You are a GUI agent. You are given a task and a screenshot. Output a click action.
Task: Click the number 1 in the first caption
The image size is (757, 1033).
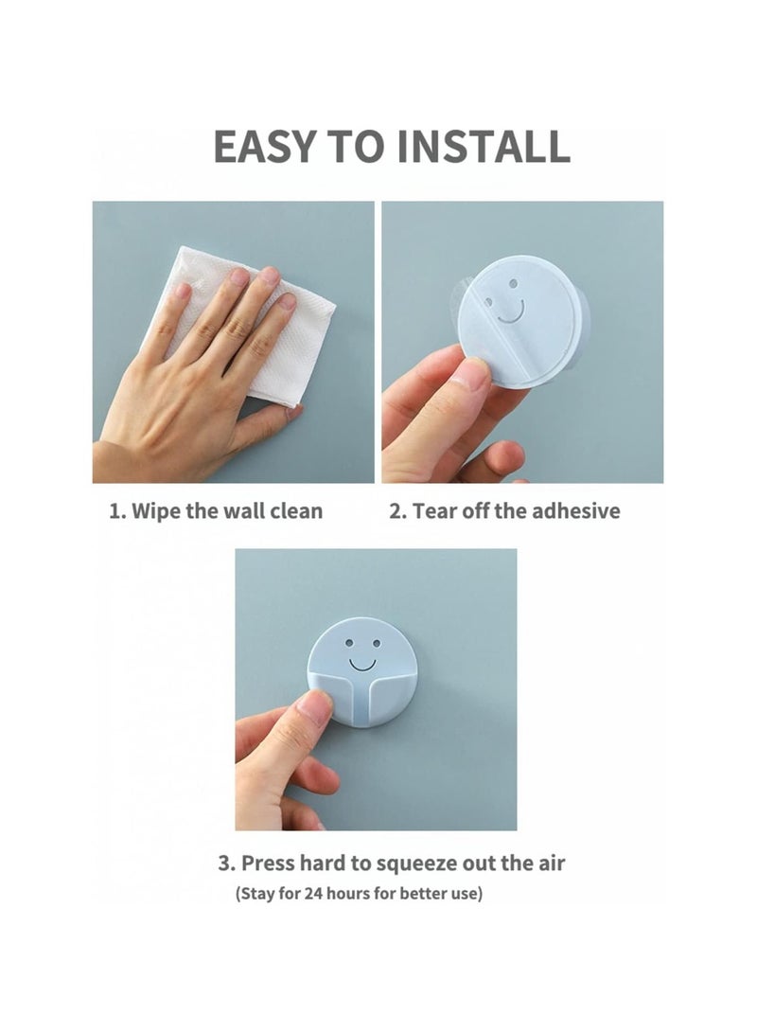click(x=115, y=511)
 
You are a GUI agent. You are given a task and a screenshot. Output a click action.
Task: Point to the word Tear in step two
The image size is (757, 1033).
click(x=435, y=511)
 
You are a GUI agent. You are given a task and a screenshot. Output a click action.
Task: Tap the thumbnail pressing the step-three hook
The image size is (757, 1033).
click(x=316, y=707)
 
